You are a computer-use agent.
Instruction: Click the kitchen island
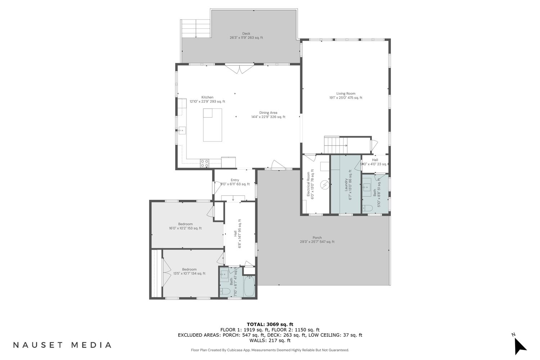[212, 125]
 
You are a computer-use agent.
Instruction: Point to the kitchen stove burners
[205, 163]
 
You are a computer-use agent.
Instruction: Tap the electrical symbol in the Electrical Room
[324, 185]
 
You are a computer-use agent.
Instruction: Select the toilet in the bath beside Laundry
[368, 208]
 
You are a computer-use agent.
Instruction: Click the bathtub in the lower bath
[249, 286]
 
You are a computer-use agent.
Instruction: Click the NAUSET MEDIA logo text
[62, 345]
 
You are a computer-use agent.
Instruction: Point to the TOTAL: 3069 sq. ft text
[270, 324]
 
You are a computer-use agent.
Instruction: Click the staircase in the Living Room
[335, 145]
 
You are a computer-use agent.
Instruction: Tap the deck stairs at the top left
[195, 28]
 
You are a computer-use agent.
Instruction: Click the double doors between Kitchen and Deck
[239, 69]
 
